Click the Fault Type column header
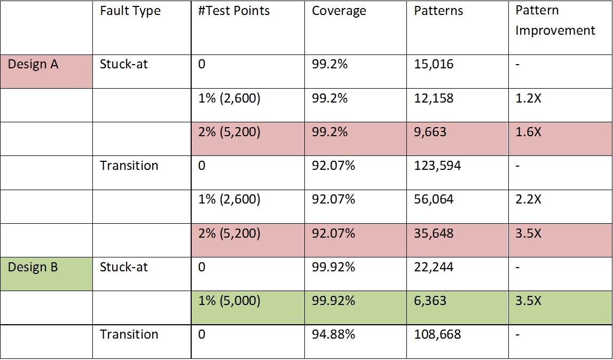130,11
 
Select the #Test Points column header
234,11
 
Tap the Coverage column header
339,11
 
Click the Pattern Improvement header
555,21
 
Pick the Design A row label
33,65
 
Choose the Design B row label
33,267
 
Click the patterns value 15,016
434,65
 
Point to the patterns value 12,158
434,98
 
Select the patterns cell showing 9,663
430,132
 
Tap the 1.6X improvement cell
528,132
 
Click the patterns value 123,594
437,166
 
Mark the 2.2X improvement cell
528,200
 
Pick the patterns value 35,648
434,233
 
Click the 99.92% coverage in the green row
333,301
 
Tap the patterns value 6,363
430,301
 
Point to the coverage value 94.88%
333,335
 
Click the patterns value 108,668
437,335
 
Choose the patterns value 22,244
434,267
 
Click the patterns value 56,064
434,200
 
